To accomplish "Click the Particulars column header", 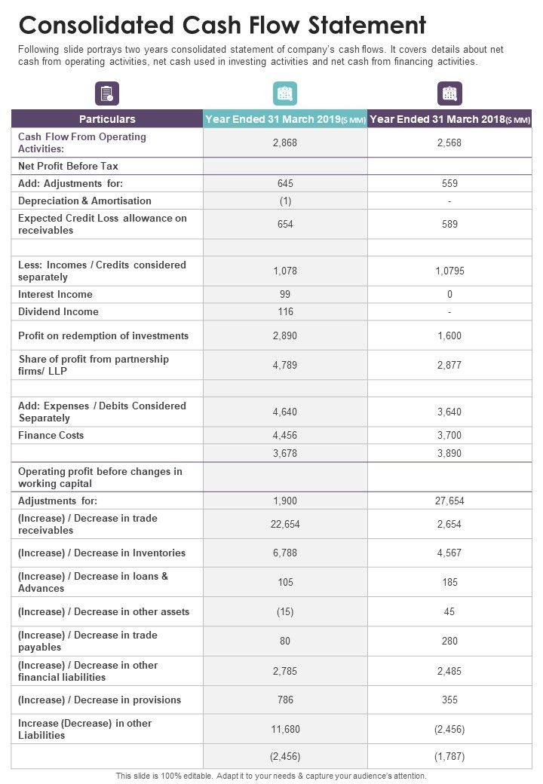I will pyautogui.click(x=107, y=119).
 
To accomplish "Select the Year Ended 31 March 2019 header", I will pyautogui.click(x=285, y=119).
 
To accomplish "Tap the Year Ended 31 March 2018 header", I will pyautogui.click(x=449, y=119).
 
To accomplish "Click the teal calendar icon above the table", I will pyautogui.click(x=285, y=93).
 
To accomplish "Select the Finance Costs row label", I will pyautogui.click(x=51, y=436).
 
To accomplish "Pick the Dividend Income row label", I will pyautogui.click(x=58, y=312).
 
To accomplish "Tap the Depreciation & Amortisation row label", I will pyautogui.click(x=84, y=201).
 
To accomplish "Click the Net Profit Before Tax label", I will pyautogui.click(x=68, y=167).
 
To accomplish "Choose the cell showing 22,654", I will pyautogui.click(x=285, y=525).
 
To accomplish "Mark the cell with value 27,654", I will pyautogui.click(x=449, y=501).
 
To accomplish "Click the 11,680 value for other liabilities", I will pyautogui.click(x=285, y=730).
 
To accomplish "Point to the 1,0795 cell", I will pyautogui.click(x=449, y=271).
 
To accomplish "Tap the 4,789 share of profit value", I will pyautogui.click(x=285, y=366).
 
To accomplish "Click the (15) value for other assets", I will pyautogui.click(x=285, y=612).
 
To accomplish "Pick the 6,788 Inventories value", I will pyautogui.click(x=285, y=553).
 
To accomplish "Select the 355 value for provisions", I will pyautogui.click(x=449, y=700).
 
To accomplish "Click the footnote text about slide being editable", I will pyautogui.click(x=271, y=776).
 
